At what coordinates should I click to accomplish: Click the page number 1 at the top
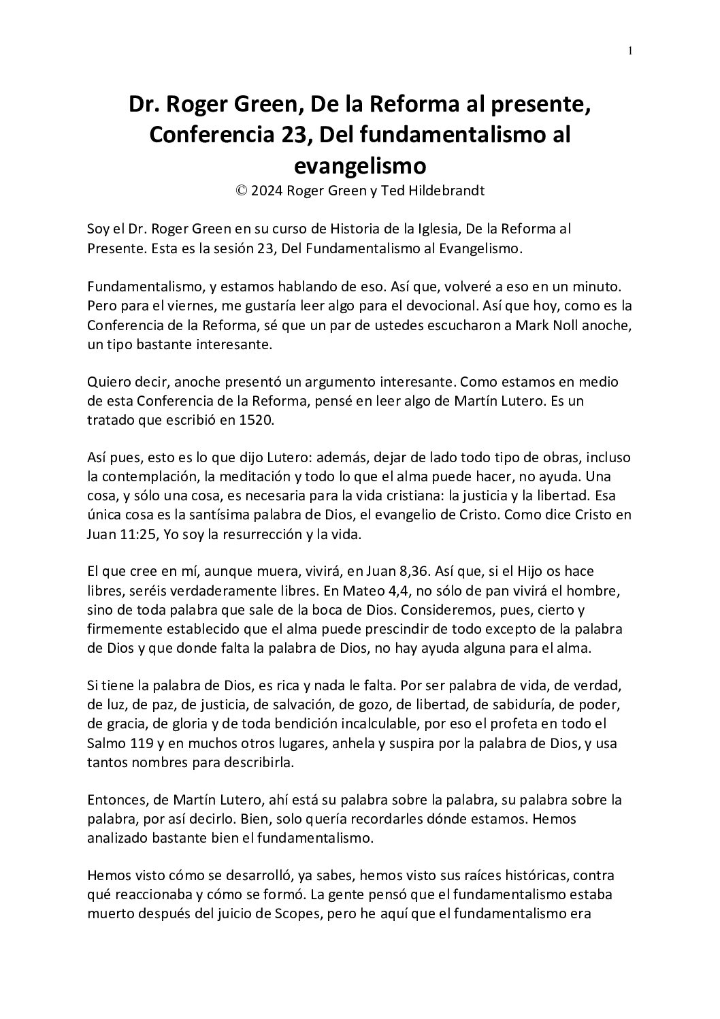click(631, 50)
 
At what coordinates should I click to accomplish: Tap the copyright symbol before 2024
click(241, 191)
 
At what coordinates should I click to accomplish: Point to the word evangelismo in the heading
click(360, 165)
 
